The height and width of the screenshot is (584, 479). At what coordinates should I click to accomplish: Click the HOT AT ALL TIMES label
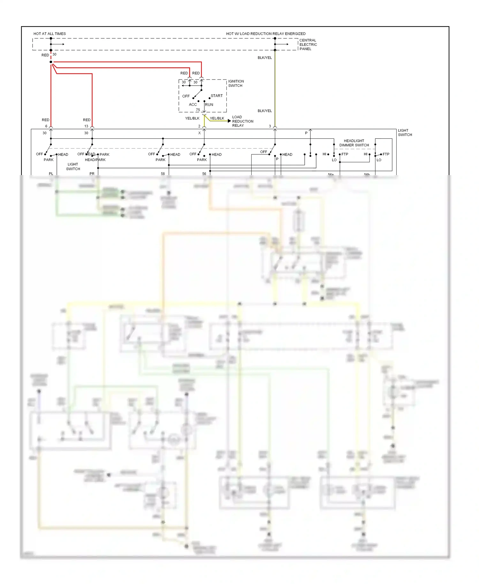point(49,34)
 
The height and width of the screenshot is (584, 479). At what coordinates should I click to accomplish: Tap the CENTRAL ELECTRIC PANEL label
point(308,44)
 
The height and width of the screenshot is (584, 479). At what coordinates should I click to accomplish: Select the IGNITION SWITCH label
point(236,83)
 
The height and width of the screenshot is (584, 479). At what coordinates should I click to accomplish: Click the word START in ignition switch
point(217,96)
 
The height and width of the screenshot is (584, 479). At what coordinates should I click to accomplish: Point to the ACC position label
point(193,104)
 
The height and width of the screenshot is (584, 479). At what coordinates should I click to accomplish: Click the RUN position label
point(209,104)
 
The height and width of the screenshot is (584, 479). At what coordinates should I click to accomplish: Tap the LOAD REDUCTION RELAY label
point(242,121)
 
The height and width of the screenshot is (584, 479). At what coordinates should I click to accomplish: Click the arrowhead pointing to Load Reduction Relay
point(229,121)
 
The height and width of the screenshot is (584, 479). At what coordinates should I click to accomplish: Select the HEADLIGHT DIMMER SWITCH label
point(354,143)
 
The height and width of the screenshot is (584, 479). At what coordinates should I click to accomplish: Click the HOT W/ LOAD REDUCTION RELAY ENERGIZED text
point(266,34)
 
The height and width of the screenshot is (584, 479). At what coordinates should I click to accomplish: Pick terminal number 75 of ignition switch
point(198,110)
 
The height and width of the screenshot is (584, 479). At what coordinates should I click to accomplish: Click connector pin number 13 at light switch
point(86,126)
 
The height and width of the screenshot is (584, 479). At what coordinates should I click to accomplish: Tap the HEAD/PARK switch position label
point(95,160)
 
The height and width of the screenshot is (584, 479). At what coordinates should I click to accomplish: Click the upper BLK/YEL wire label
point(264,58)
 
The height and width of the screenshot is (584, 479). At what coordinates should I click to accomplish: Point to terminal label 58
point(163,173)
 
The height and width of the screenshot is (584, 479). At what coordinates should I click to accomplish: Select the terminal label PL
point(51,173)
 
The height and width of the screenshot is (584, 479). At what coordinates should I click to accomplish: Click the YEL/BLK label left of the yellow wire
point(192,118)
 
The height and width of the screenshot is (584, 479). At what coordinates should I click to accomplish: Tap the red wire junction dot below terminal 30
point(51,62)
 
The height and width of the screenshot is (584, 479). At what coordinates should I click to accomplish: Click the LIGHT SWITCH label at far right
point(405,133)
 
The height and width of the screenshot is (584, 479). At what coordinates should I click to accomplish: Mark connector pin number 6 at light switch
point(46,126)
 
